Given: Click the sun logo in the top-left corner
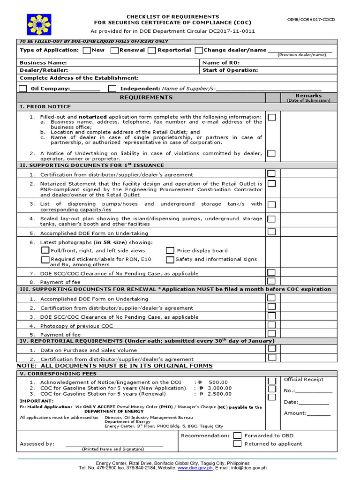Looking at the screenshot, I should click(x=36, y=23).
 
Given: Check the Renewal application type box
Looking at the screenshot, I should click(x=114, y=50).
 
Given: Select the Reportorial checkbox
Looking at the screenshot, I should click(x=152, y=50).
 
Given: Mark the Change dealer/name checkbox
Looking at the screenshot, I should click(x=199, y=50).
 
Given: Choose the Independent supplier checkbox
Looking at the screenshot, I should click(x=112, y=89).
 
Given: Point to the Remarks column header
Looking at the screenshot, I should click(x=308, y=96).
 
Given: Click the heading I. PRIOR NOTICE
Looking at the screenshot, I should click(x=45, y=107).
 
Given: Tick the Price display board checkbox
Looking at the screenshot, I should click(x=170, y=251).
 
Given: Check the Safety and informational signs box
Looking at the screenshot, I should click(x=170, y=259).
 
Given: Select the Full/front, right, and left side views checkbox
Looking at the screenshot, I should click(x=45, y=251).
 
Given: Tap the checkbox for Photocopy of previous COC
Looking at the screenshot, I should click(x=271, y=324).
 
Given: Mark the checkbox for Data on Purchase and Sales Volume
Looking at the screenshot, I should click(x=271, y=349).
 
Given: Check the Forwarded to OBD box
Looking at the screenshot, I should click(x=237, y=435).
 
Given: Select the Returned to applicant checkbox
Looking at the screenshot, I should click(x=237, y=443).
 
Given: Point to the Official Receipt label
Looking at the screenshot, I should click(x=303, y=380).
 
